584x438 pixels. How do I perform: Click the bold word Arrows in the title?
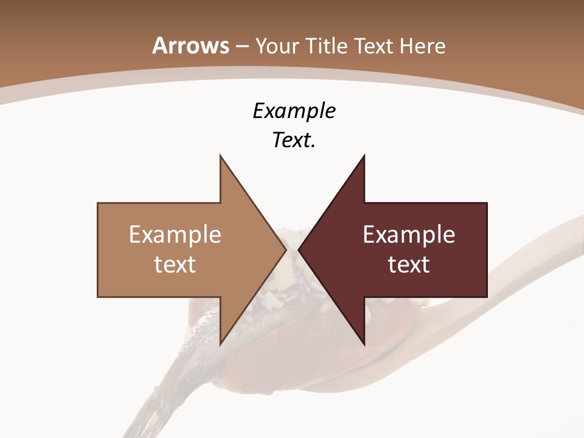(x=190, y=46)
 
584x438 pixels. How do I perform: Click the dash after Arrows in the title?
(x=242, y=47)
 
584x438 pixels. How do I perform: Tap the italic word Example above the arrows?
(x=294, y=111)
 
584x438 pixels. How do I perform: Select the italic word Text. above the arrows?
(x=294, y=141)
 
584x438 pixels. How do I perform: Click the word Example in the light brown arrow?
(x=175, y=235)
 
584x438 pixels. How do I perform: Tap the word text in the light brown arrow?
(x=175, y=265)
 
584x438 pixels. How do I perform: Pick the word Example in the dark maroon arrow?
(x=409, y=235)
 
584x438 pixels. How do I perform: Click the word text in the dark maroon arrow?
(x=409, y=265)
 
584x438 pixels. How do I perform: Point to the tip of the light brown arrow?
(x=286, y=249)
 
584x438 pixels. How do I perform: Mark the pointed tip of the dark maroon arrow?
(x=299, y=249)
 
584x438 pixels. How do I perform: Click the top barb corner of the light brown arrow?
(x=220, y=155)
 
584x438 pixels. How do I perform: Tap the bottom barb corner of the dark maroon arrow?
(x=364, y=345)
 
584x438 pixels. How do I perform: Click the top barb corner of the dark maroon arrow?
(x=364, y=155)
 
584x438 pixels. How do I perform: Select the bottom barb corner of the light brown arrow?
(x=220, y=345)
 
